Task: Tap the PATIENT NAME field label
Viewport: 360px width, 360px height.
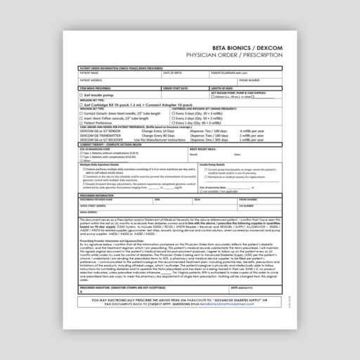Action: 89,72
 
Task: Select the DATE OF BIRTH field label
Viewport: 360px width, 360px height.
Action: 173,72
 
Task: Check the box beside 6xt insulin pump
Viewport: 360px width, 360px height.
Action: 82,94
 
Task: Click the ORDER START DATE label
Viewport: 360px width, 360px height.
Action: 176,87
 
